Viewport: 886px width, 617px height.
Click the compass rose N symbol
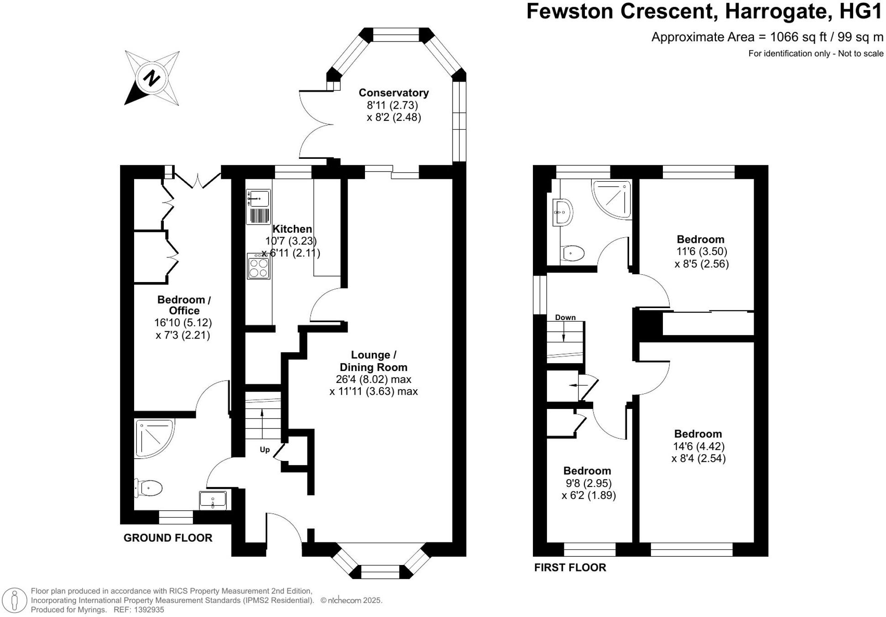(151, 78)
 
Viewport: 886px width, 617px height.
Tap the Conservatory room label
(394, 93)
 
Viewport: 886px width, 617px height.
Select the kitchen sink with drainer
(258, 207)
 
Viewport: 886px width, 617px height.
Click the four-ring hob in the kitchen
(259, 266)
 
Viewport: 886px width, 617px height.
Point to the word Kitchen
(292, 229)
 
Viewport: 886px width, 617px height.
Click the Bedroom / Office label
(184, 305)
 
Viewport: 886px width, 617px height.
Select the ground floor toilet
(149, 488)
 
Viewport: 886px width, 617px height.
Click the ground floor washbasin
(213, 500)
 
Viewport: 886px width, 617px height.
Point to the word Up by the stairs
(265, 450)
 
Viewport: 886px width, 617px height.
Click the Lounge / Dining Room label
(374, 361)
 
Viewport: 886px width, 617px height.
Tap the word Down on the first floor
(565, 317)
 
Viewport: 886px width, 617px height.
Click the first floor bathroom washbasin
(562, 213)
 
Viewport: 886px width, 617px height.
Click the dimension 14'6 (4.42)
(698, 446)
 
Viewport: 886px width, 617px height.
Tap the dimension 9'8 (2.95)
(588, 483)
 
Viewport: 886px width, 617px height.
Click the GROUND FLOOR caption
(168, 538)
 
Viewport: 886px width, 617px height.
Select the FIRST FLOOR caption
(570, 567)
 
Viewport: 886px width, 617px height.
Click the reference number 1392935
(148, 610)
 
